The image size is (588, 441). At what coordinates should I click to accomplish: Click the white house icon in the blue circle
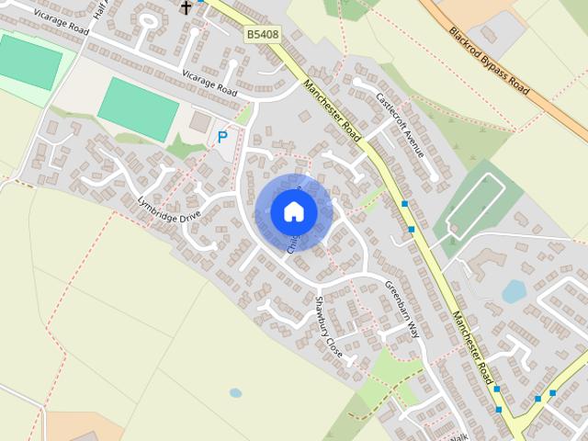click(294, 211)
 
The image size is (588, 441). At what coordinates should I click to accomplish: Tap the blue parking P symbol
click(221, 138)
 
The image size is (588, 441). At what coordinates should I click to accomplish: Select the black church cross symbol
click(187, 7)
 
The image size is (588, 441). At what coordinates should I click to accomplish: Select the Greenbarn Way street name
click(401, 309)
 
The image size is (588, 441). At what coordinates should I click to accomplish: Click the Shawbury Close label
click(329, 327)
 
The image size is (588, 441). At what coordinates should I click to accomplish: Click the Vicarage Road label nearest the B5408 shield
click(209, 84)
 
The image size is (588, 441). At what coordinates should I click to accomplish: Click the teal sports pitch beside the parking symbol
click(138, 108)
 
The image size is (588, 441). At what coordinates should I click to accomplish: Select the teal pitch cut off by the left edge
click(28, 61)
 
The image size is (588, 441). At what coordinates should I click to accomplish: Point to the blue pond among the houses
click(514, 291)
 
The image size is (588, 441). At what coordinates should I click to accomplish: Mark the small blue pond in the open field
click(236, 392)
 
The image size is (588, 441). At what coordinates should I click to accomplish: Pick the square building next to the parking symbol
click(199, 121)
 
